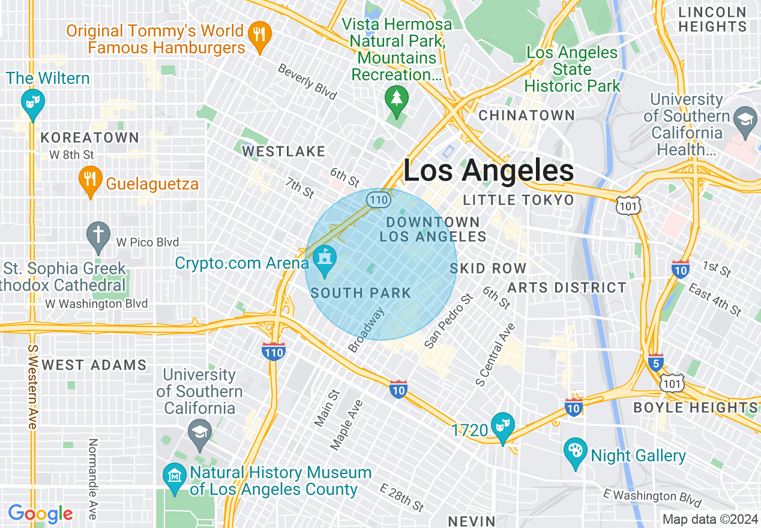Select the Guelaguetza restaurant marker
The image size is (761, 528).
tap(90, 180)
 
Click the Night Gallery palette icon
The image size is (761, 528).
tap(576, 452)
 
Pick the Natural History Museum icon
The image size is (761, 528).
tap(174, 477)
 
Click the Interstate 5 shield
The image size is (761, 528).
tap(655, 362)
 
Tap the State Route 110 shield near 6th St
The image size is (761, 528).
tap(378, 199)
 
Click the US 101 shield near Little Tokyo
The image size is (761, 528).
tap(628, 206)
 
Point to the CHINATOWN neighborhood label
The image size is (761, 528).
tap(526, 115)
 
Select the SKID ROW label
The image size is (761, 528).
tap(488, 268)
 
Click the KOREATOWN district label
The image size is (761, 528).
tap(90, 137)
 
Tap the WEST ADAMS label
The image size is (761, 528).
tap(94, 365)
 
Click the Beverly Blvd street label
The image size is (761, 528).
tap(307, 82)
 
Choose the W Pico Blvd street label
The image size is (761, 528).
tap(148, 242)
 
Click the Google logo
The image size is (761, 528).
tap(40, 514)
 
